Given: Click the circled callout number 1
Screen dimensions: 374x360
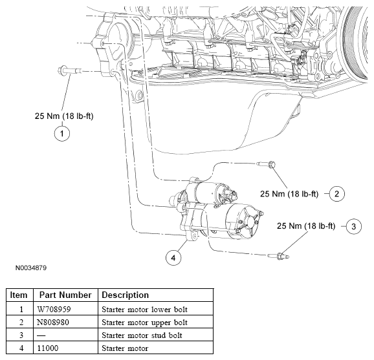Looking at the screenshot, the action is point(62,133).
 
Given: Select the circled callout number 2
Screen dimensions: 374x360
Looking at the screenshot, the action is point(336,194).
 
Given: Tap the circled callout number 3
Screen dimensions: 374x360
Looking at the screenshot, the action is point(354,226).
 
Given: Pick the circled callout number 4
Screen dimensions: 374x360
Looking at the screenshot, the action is point(173,257).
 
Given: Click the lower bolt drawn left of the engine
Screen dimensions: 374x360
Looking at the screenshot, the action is point(69,70).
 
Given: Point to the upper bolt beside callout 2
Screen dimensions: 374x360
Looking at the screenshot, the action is point(266,164).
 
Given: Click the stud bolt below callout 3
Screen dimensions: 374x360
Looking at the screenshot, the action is point(278,257).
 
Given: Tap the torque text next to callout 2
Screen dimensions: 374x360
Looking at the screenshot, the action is point(289,194).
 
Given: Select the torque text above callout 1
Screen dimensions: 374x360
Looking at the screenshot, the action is point(64,116).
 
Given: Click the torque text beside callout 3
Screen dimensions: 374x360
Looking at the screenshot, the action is point(306,226).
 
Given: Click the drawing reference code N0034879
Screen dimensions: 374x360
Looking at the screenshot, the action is point(31,268).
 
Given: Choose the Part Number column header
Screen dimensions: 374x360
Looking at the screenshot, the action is point(65,295).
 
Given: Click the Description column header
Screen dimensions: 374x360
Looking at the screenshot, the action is point(126,295).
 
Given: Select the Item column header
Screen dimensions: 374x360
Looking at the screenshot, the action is point(19,295).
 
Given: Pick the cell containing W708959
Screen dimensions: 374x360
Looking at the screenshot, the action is point(54,309).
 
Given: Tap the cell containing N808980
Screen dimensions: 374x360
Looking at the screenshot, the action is point(53,322).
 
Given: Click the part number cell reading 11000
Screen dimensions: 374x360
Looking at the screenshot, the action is point(48,348).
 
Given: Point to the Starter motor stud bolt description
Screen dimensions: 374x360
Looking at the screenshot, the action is point(142,335).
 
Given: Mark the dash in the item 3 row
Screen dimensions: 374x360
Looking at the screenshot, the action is point(41,335).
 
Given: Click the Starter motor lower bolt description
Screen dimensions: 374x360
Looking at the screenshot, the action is point(144,309).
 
